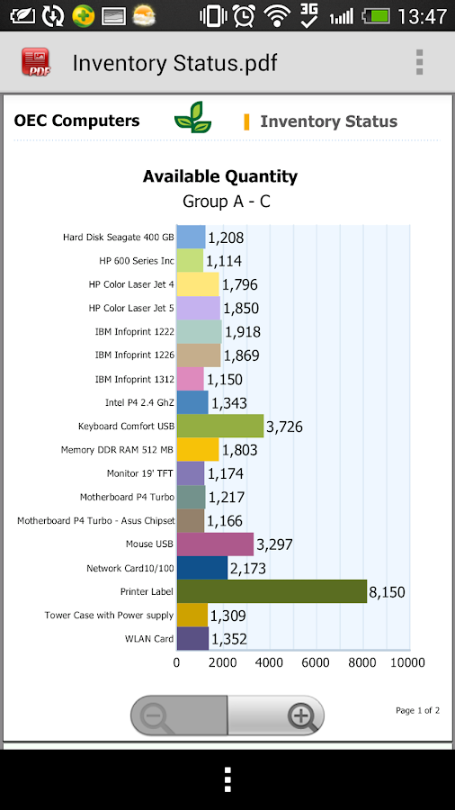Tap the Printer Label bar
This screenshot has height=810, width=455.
[x=272, y=590]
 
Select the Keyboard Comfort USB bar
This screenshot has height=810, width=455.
[x=220, y=426]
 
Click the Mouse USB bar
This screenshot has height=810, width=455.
[x=215, y=544]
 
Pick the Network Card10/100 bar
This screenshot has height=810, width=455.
[x=202, y=567]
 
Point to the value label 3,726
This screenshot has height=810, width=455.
[x=284, y=427]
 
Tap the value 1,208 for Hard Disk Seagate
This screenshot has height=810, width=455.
[x=226, y=238]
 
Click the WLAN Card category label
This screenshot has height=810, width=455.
[x=150, y=639]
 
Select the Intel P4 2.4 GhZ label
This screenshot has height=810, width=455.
[x=139, y=402]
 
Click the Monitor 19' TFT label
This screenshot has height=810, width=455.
[x=140, y=473]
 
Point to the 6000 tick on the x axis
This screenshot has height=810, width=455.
[x=316, y=662]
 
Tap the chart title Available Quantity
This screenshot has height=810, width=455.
[x=220, y=176]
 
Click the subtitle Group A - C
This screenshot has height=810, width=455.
[x=227, y=201]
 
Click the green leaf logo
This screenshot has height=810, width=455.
[x=192, y=118]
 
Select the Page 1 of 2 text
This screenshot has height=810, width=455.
[x=417, y=710]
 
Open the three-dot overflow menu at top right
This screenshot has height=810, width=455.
[x=419, y=62]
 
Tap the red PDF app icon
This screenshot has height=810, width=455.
[x=36, y=62]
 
